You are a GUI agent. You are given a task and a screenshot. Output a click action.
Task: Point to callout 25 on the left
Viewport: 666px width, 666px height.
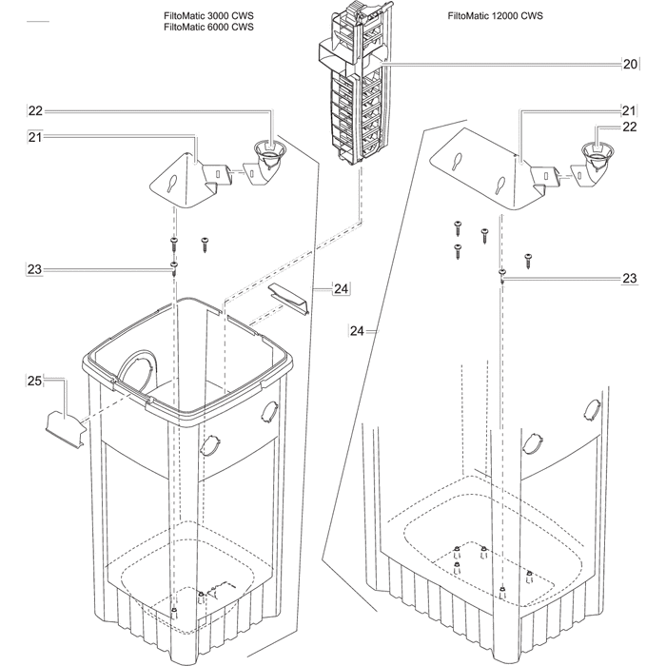coord(33,382)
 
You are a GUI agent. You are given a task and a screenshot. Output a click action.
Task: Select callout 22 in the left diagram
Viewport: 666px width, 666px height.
coord(35,111)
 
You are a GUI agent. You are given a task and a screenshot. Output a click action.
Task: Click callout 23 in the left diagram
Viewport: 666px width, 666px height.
coord(34,270)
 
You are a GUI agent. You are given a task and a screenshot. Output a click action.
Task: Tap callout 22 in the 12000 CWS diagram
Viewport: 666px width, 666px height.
coord(629,127)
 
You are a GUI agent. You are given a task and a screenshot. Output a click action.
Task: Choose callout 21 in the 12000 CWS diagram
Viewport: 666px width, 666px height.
coord(629,111)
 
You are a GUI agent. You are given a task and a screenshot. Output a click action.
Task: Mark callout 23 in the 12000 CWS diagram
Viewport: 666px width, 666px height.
coord(629,279)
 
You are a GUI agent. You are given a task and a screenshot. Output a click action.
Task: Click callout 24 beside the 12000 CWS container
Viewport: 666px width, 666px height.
coord(357,331)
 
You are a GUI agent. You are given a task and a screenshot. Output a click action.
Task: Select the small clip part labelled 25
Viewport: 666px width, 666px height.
coord(62,423)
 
